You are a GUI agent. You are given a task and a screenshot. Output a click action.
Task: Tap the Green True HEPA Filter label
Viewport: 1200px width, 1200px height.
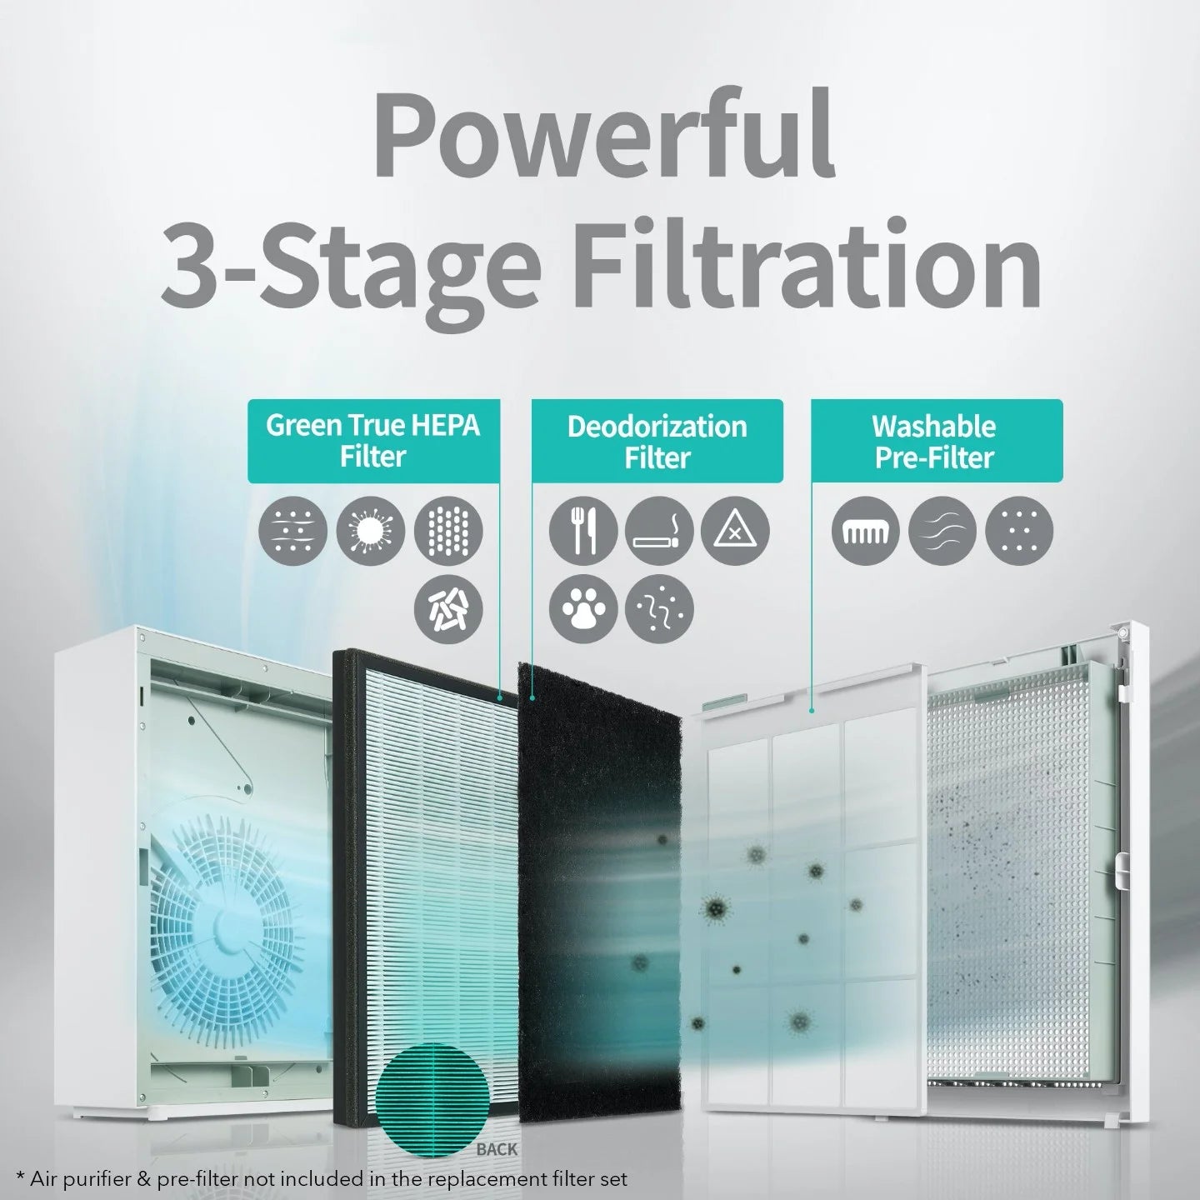[x=373, y=441]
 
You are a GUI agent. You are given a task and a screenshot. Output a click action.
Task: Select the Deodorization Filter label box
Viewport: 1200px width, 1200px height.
[x=657, y=441]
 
